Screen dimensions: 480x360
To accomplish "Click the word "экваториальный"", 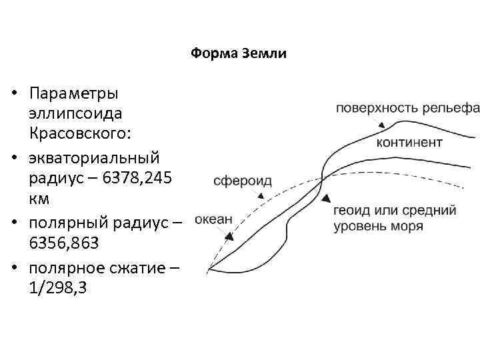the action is [x=95, y=159].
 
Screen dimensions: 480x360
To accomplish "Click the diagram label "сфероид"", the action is [x=242, y=180].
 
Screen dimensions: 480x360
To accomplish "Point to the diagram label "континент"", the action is [x=409, y=143].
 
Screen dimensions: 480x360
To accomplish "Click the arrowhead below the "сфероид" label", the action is [x=260, y=196].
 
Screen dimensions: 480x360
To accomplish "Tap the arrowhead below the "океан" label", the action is [x=229, y=235].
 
